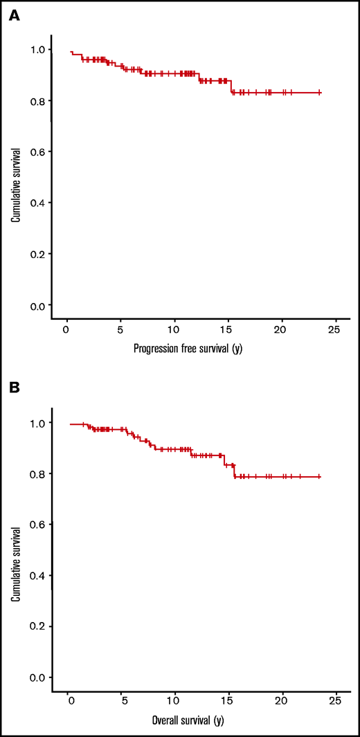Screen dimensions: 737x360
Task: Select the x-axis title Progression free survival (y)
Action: [x=188, y=349]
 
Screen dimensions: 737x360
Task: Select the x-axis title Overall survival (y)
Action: [x=188, y=720]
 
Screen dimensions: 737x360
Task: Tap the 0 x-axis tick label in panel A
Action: [x=66, y=330]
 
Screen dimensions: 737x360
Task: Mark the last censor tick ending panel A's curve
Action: [x=319, y=92]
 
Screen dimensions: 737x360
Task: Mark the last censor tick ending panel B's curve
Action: [x=319, y=477]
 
